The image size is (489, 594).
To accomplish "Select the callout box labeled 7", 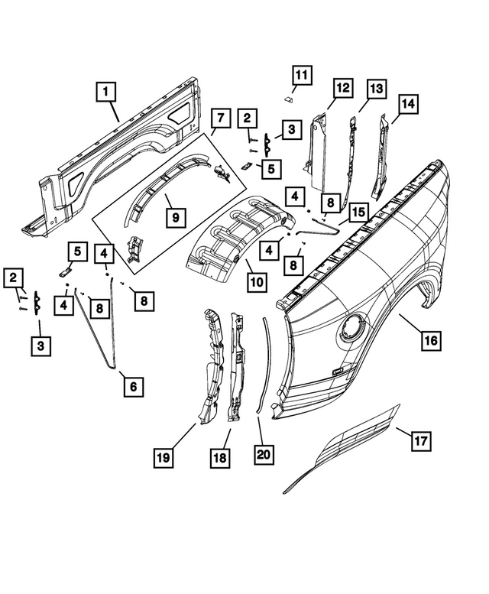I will tap(220, 118).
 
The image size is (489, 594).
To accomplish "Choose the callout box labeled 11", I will tap(301, 76).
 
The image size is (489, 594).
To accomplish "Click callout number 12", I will tap(341, 89).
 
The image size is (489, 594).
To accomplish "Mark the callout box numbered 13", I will tap(374, 89).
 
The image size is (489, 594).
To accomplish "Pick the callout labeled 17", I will tap(420, 441).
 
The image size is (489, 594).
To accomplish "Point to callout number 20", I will tap(264, 453).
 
